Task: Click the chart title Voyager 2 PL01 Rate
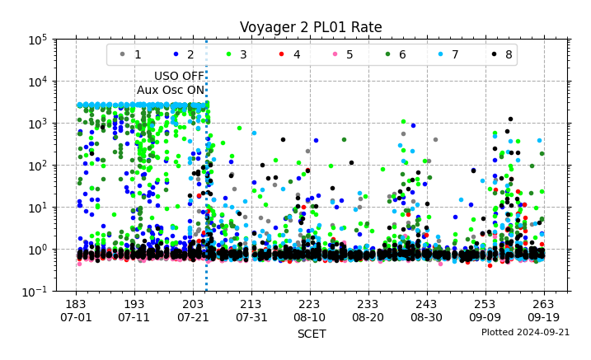coord(311,27)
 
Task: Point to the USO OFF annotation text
coord(179,77)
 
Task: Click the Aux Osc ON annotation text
coord(171,90)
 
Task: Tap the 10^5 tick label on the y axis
coord(34,40)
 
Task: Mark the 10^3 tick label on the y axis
coord(34,124)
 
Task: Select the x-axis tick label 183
coord(76,304)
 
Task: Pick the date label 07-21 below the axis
coord(193,317)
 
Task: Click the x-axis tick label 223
coord(309,304)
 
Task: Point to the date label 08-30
coord(426,317)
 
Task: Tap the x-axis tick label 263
coord(543,304)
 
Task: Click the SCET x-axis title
coord(311,334)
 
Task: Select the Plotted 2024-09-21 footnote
coord(525,333)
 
